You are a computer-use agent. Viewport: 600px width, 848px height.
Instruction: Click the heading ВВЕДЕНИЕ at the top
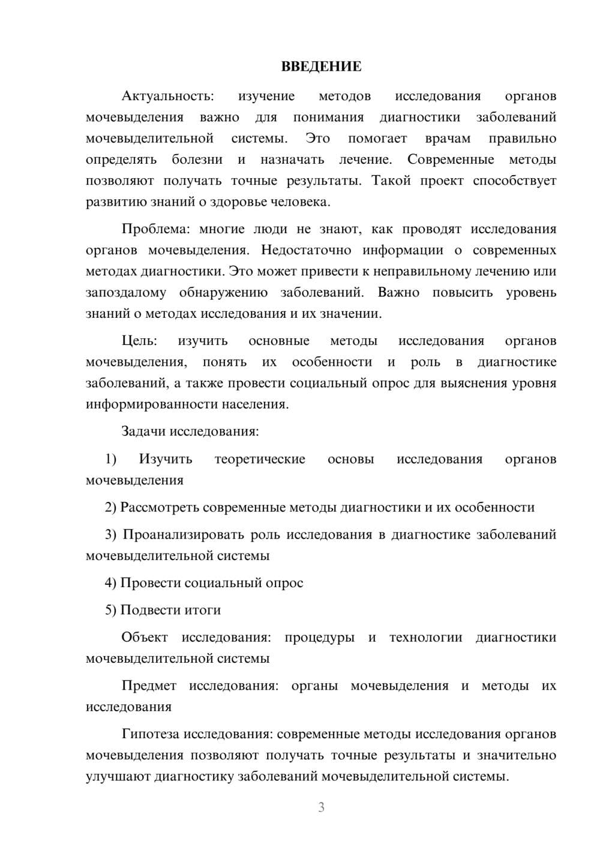pos(321,67)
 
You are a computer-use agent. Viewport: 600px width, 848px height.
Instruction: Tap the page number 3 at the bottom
pos(321,807)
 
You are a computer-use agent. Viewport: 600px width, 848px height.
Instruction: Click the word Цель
pos(139,341)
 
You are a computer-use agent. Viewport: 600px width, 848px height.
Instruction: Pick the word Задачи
pos(144,431)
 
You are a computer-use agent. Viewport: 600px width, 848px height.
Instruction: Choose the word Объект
pos(145,637)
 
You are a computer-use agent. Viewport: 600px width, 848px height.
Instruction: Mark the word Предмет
pos(149,685)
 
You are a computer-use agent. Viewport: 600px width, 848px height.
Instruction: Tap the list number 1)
pos(110,459)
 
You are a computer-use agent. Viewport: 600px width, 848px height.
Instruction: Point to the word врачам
pos(448,139)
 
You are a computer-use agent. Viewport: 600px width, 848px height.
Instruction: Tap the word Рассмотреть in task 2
pos(160,507)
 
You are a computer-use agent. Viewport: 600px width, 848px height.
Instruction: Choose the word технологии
pos(425,637)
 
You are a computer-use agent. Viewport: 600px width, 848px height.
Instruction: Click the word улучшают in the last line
pos(118,777)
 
